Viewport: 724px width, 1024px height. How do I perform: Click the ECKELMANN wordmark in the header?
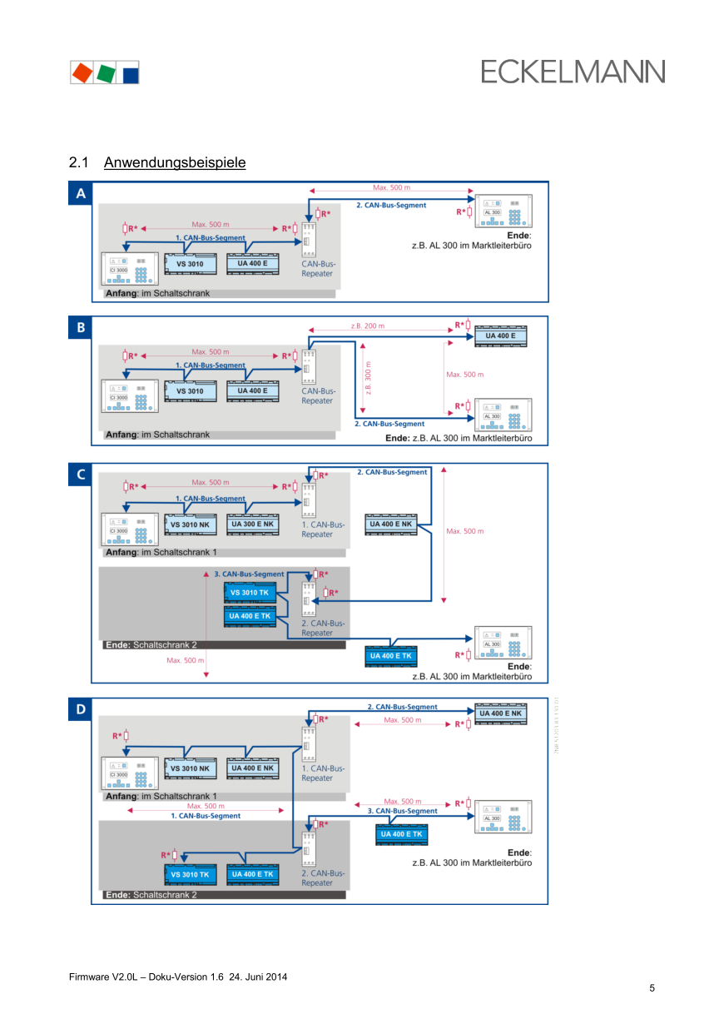pyautogui.click(x=573, y=72)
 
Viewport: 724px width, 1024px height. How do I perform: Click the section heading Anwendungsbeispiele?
pyautogui.click(x=175, y=162)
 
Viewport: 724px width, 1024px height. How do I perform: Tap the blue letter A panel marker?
pyautogui.click(x=80, y=194)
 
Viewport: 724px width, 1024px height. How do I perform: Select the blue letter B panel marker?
pyautogui.click(x=80, y=328)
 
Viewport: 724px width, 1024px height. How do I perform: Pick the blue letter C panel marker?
pyautogui.click(x=80, y=475)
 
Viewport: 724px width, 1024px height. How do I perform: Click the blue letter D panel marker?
pyautogui.click(x=80, y=710)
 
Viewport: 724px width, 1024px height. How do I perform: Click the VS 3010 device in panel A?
pyautogui.click(x=190, y=264)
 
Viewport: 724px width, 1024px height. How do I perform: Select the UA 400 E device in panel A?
pyautogui.click(x=252, y=264)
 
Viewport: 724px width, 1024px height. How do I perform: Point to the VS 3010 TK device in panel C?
pyautogui.click(x=249, y=592)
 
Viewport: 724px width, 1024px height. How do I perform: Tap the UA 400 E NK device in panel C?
pyautogui.click(x=390, y=524)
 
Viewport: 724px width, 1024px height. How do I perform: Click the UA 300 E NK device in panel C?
pyautogui.click(x=252, y=524)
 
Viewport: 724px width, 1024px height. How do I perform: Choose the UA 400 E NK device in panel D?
pyautogui.click(x=500, y=713)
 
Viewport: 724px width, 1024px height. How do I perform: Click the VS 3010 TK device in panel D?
pyautogui.click(x=190, y=874)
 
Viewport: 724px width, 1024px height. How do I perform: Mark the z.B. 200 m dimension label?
pyautogui.click(x=368, y=326)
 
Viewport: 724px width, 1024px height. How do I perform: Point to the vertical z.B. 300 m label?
pyautogui.click(x=368, y=378)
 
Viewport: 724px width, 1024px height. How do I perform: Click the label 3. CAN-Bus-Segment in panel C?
pyautogui.click(x=249, y=574)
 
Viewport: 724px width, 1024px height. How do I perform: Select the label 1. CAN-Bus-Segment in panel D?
pyautogui.click(x=206, y=816)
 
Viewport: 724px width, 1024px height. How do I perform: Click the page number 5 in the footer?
pyautogui.click(x=652, y=988)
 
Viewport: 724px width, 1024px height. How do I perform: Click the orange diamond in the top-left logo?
pyautogui.click(x=82, y=72)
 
